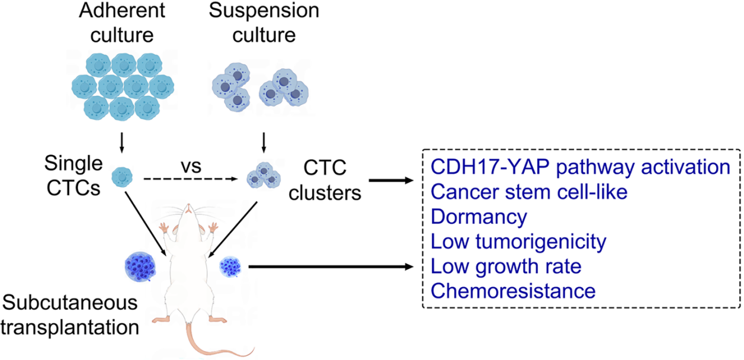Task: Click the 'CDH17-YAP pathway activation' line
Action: (581, 167)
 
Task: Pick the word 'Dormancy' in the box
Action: (479, 217)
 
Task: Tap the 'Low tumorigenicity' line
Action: (519, 242)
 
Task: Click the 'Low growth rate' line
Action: (506, 266)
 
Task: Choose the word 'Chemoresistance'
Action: (513, 291)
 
